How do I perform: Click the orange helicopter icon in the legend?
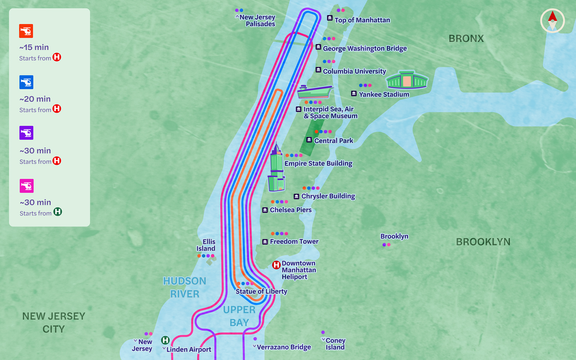click(26, 31)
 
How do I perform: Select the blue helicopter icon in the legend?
click(26, 82)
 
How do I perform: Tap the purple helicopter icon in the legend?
click(26, 133)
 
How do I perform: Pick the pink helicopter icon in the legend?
click(26, 186)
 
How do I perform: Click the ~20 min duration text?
click(35, 99)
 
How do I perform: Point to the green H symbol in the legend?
click(58, 212)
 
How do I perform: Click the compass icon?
click(552, 21)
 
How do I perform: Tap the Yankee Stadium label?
click(384, 94)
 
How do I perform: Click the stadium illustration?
click(407, 80)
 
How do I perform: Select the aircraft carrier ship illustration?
click(315, 92)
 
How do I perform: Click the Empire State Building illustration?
click(276, 169)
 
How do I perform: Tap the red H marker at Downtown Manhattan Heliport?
click(276, 265)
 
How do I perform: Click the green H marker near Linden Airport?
click(165, 340)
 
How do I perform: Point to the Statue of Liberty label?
click(261, 291)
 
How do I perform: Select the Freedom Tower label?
click(294, 242)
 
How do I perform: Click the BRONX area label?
click(466, 39)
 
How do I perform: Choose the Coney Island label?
click(335, 344)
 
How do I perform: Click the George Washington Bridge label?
click(365, 48)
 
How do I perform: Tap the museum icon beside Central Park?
click(309, 140)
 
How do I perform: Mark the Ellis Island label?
click(206, 245)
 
